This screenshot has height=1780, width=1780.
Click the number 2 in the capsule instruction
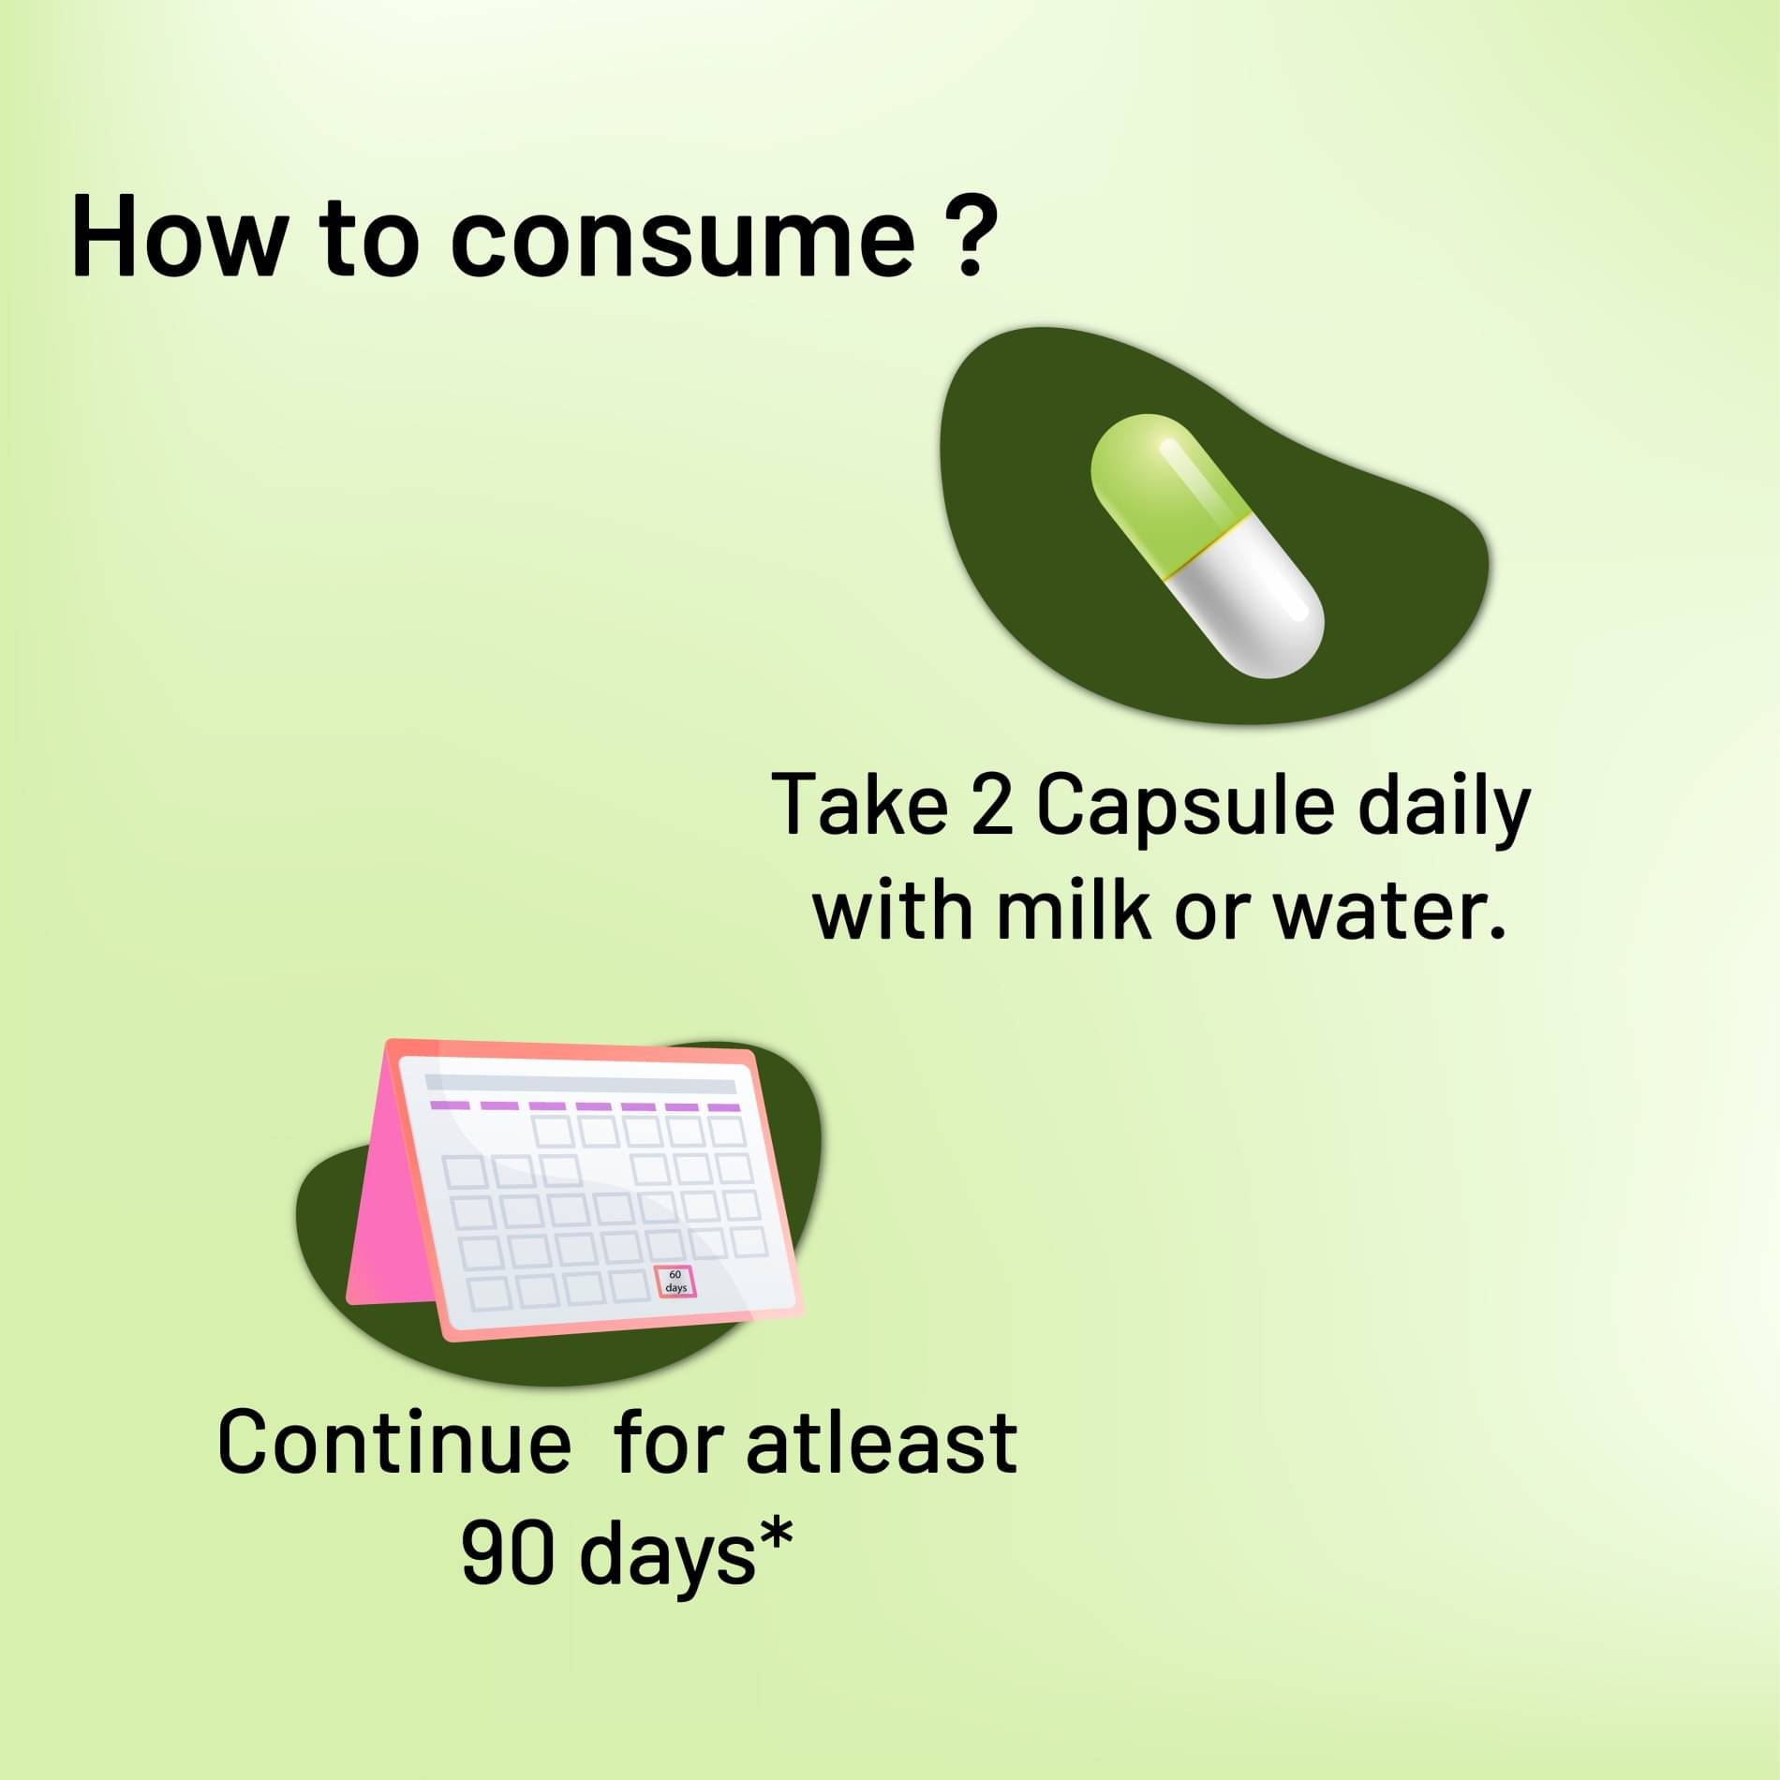click(992, 805)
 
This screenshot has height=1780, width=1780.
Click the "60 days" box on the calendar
click(675, 1281)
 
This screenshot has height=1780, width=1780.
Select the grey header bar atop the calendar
click(581, 1085)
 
